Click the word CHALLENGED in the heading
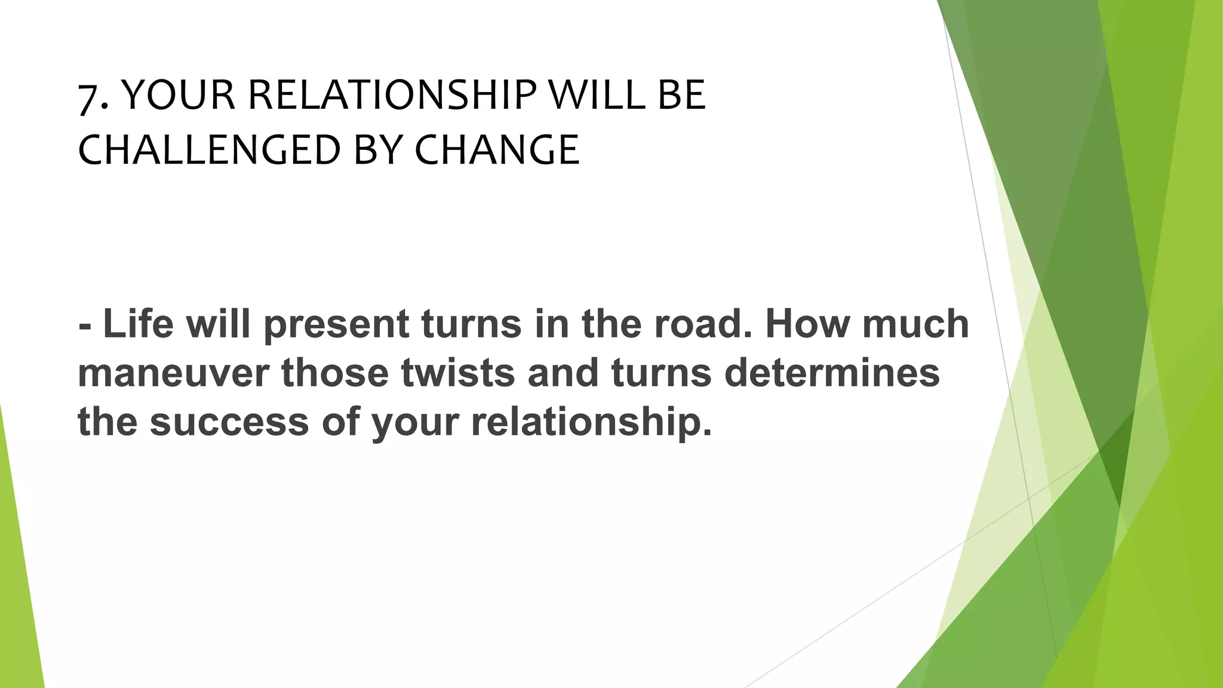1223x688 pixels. (x=209, y=150)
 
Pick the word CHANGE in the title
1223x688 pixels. (x=497, y=150)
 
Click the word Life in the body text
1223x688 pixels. (x=138, y=324)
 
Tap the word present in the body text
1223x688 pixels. (x=336, y=325)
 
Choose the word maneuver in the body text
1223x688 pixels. (x=173, y=373)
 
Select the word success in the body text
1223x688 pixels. (x=229, y=422)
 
